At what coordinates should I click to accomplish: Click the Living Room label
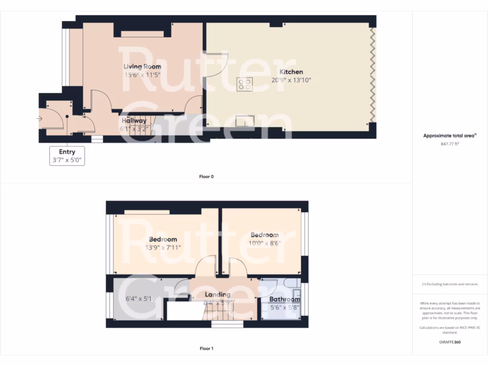(142, 67)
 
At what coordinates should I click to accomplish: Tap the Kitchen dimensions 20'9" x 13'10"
(291, 80)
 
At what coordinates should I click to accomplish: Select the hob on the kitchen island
(245, 84)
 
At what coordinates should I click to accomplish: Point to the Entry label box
(67, 156)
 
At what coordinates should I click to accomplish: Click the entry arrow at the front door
(39, 119)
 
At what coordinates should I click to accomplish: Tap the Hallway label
(134, 121)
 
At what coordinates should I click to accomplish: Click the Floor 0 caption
(206, 177)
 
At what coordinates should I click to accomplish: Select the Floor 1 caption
(206, 348)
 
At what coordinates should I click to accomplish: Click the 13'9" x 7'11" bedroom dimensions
(163, 247)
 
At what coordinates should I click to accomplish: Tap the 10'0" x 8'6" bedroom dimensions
(264, 243)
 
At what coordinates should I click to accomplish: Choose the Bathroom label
(285, 299)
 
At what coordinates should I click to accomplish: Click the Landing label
(217, 295)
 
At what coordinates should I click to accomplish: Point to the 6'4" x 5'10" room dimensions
(142, 299)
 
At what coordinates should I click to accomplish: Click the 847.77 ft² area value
(449, 143)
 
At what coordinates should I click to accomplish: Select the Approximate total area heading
(449, 136)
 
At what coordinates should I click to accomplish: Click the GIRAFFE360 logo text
(449, 342)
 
